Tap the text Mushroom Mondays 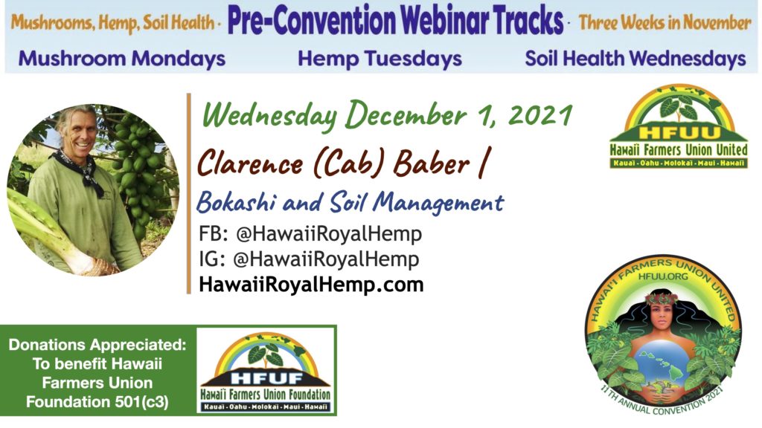click(x=121, y=59)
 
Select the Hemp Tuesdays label click(x=380, y=59)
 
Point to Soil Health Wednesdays click(x=635, y=59)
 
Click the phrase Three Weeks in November click(x=665, y=22)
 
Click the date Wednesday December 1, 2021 click(x=387, y=115)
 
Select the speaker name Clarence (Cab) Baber click(x=333, y=163)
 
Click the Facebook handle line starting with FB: click(x=310, y=234)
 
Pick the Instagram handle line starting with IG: click(x=309, y=259)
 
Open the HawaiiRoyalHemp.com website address click(x=311, y=285)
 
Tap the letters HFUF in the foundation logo click(x=267, y=378)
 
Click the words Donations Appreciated click(x=97, y=345)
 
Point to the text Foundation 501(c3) click(x=97, y=402)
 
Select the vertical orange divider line click(x=188, y=193)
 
